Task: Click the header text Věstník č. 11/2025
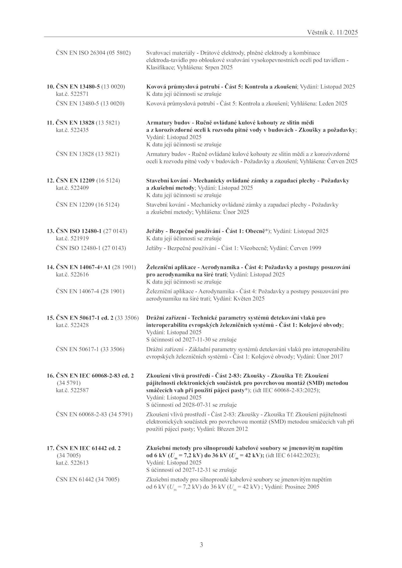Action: [x=332, y=32]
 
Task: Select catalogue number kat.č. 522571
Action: [x=72, y=94]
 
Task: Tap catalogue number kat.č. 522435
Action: [x=72, y=130]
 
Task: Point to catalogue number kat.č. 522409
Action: [x=72, y=188]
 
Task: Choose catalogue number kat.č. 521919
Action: [x=72, y=238]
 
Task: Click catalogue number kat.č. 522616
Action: [x=72, y=274]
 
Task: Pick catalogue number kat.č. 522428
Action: [x=72, y=325]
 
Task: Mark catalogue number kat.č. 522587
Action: [x=72, y=390]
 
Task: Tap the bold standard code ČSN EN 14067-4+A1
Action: [x=83, y=267]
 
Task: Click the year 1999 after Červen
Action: [x=315, y=248]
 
